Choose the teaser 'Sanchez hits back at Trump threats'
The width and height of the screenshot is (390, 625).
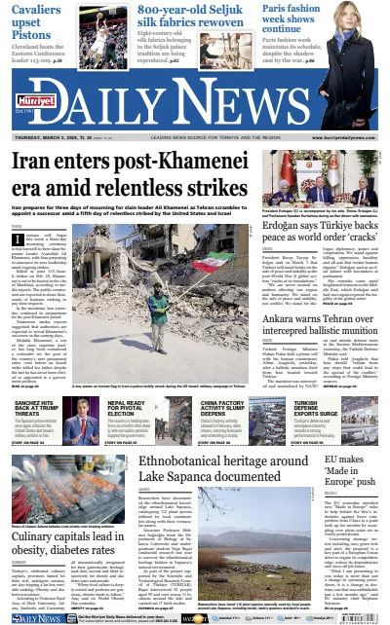(x=40, y=407)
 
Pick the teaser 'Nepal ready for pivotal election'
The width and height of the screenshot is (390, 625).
(x=131, y=407)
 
